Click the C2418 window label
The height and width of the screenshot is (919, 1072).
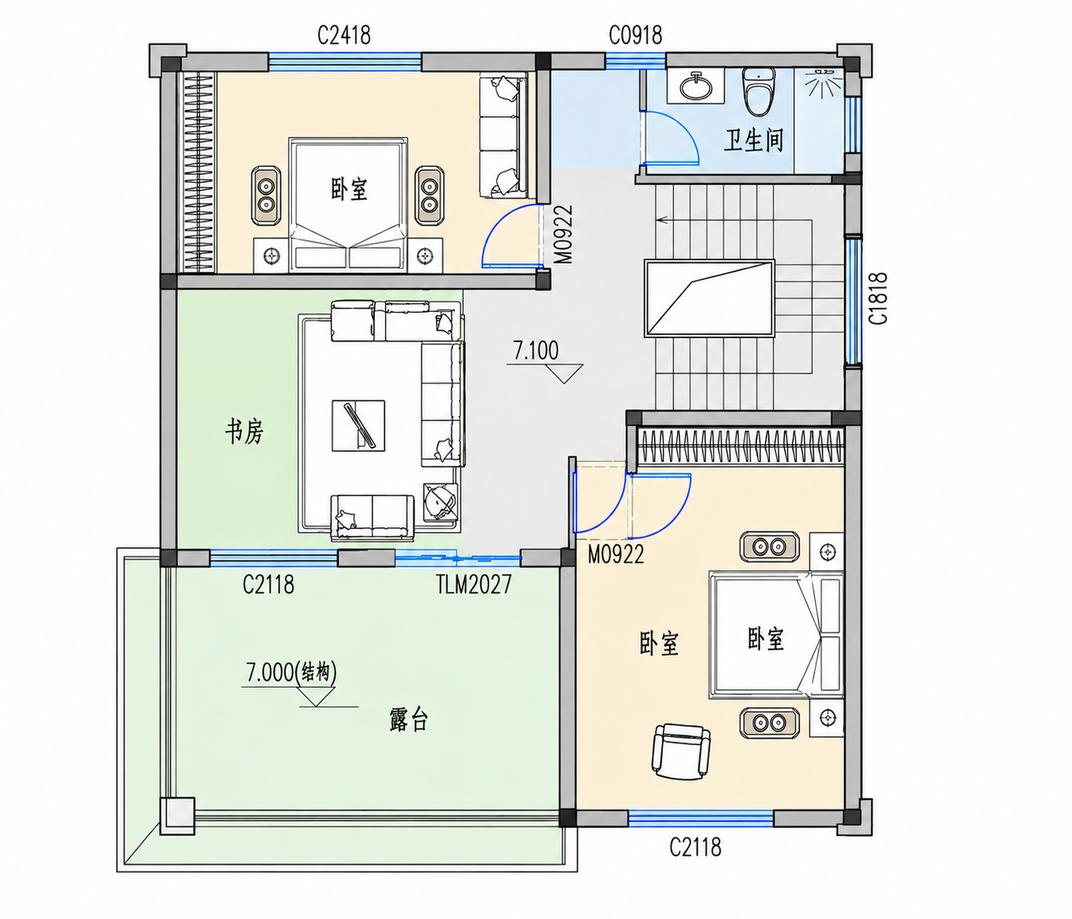[344, 36]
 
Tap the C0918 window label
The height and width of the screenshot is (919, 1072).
[635, 36]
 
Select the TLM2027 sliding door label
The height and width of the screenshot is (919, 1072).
[474, 584]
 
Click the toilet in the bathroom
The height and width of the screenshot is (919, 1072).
[758, 91]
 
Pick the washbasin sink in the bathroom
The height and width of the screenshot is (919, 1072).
[695, 85]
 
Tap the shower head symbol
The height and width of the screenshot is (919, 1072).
[822, 83]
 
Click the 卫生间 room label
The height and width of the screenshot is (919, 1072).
[753, 141]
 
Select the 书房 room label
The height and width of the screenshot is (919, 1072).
[244, 431]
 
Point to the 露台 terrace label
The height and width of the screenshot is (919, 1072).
[409, 720]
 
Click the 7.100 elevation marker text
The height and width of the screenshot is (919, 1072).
[536, 351]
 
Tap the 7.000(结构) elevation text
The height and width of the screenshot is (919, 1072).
[291, 673]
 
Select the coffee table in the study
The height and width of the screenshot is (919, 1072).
[358, 426]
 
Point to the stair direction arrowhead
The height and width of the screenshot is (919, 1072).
[661, 219]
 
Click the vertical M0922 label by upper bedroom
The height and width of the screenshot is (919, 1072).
[564, 234]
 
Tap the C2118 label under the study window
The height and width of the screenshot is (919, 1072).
[268, 584]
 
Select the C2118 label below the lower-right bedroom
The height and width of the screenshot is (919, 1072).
[695, 847]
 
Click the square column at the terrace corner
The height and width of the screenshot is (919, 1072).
[177, 816]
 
